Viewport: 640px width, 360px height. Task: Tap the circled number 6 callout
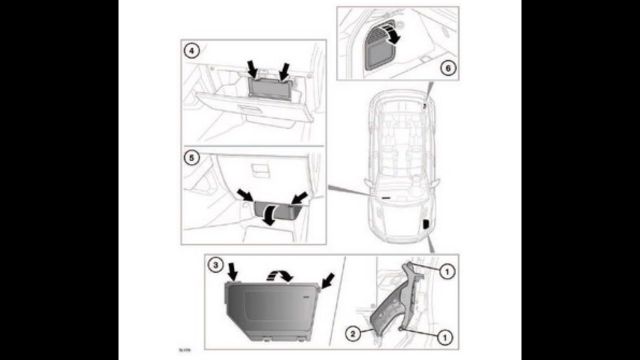coord(448,68)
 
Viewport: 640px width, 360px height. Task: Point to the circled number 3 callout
coord(215,266)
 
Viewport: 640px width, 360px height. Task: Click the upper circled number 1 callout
coord(447,271)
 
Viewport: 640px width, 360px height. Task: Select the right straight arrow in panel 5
coord(300,197)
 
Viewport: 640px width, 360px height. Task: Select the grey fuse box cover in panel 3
coord(270,310)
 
